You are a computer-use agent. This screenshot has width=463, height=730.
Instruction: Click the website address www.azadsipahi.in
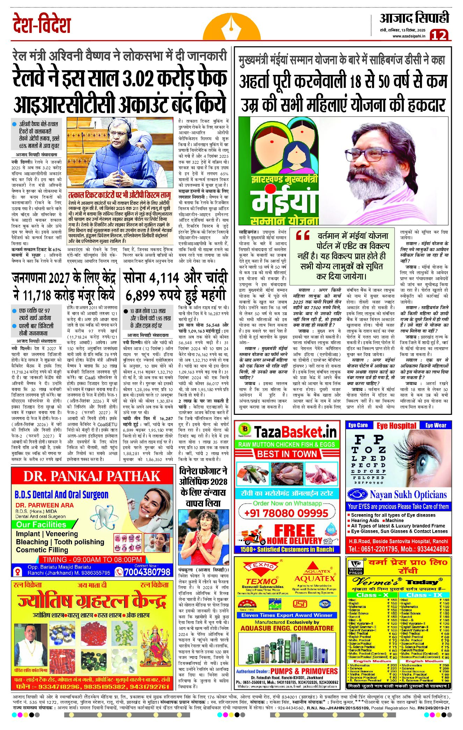point(409,36)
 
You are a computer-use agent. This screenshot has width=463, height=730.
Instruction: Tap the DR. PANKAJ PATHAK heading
point(92,476)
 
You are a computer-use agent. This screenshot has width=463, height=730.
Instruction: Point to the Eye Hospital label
point(396,426)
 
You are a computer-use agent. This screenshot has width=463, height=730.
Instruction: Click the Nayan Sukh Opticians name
point(408,495)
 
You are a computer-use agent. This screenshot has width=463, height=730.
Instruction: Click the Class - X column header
point(372,595)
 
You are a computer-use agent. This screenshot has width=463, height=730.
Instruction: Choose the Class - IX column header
point(424,595)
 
